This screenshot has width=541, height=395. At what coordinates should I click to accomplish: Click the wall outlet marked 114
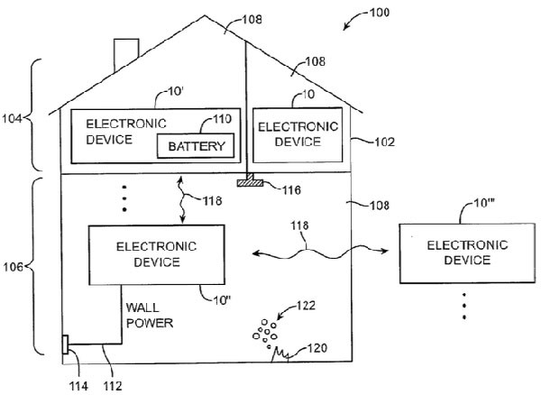point(65,345)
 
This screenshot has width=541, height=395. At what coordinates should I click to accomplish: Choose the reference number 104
point(15,116)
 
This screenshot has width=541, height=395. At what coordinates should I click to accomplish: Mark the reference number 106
point(15,268)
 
